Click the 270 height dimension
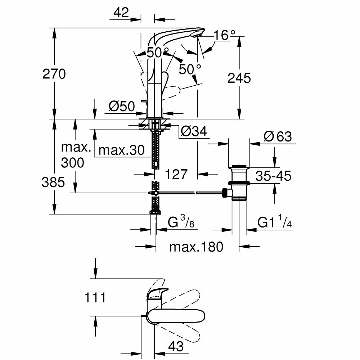54,74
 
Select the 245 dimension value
239,78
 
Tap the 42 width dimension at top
121,13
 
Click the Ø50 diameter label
121,106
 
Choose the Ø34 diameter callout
194,132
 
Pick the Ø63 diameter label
278,137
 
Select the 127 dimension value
176,174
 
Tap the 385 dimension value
53,183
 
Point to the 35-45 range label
273,176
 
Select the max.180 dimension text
196,247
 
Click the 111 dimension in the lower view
95,298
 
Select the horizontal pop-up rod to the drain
191,193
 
